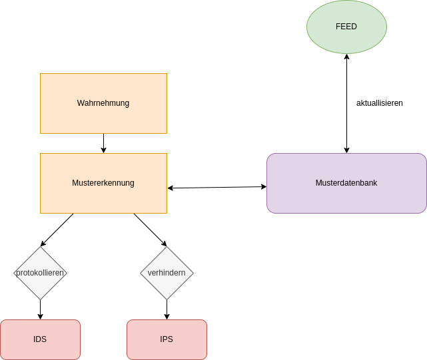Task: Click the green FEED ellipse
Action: [x=346, y=27]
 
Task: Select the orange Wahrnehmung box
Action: [x=103, y=103]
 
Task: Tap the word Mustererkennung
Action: [x=103, y=183]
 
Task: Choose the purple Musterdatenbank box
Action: [x=346, y=183]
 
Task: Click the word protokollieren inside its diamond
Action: [x=40, y=273]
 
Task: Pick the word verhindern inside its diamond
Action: [x=167, y=273]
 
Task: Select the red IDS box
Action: [x=40, y=339]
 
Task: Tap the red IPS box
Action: [x=167, y=339]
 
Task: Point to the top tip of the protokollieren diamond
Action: [x=40, y=247]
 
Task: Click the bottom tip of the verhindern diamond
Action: [x=167, y=299]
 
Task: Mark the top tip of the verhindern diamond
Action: [x=167, y=247]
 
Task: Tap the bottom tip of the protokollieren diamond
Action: [x=40, y=299]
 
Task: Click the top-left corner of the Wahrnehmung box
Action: [x=41, y=74]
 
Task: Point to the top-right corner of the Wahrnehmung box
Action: [x=167, y=74]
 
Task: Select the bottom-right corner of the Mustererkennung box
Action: [x=167, y=213]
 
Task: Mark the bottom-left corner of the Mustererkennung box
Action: [x=41, y=213]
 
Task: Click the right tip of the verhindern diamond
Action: [x=193, y=273]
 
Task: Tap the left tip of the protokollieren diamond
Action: [x=14, y=273]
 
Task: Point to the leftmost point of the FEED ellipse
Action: [x=306, y=27]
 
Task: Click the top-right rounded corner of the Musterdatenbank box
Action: [x=424, y=156]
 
